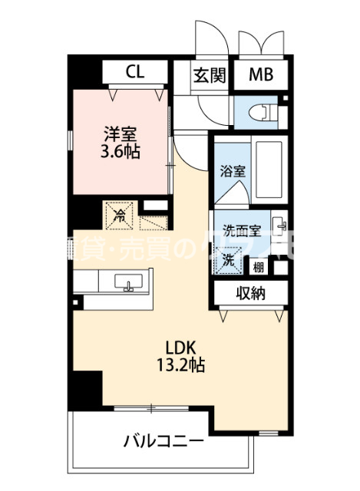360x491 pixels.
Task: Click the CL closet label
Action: click(135, 73)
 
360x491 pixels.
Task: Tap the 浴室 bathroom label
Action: click(233, 170)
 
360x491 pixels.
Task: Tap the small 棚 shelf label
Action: click(259, 267)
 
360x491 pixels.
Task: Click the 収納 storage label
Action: click(251, 292)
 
